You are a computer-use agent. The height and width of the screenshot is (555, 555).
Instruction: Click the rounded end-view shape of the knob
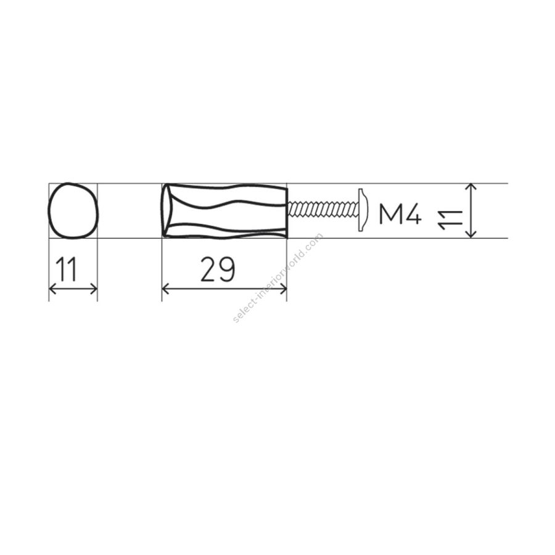(49, 211)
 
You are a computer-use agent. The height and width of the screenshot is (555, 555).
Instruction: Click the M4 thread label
(400, 215)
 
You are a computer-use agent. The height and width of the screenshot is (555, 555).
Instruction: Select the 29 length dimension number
(218, 269)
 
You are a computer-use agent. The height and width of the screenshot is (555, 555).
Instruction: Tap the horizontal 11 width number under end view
(67, 269)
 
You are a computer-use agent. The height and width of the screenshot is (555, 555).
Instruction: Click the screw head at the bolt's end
(363, 210)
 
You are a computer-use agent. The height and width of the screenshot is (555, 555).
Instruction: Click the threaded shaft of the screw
(323, 209)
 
